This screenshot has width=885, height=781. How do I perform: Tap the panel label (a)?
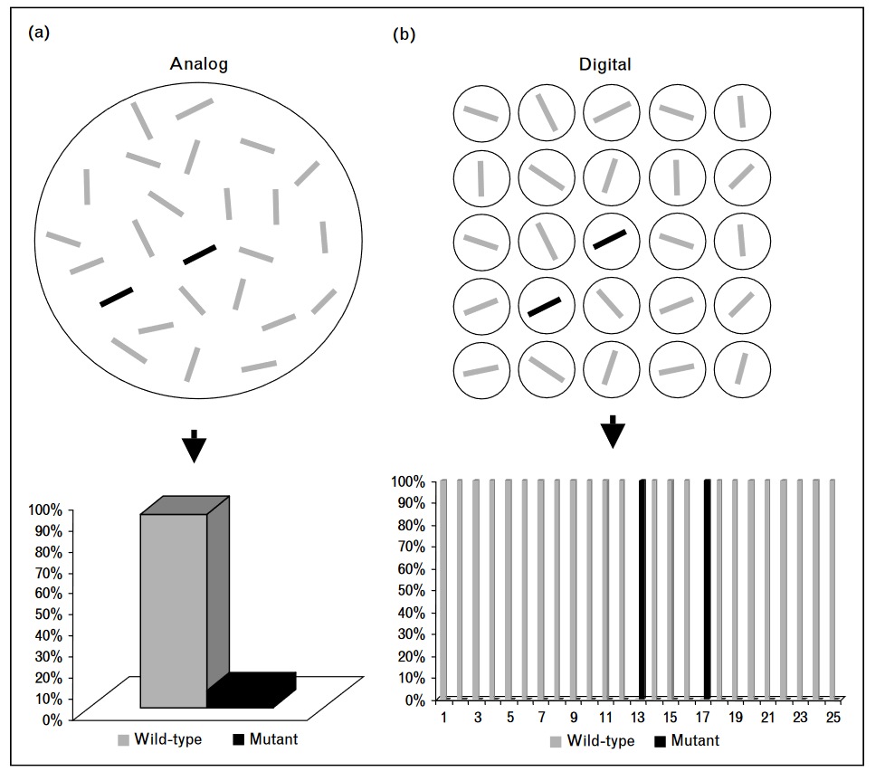(x=39, y=33)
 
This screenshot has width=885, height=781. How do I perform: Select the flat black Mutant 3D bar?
(x=252, y=692)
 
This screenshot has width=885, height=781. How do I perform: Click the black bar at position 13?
(x=642, y=589)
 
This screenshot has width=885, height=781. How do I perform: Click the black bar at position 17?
(x=707, y=589)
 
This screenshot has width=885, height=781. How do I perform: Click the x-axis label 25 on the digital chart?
(x=833, y=717)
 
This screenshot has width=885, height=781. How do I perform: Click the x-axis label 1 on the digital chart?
(x=445, y=717)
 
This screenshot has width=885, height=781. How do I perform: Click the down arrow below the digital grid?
(x=613, y=431)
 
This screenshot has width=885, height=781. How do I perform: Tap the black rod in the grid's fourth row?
(x=545, y=306)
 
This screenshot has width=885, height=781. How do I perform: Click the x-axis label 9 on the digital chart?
(x=575, y=717)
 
